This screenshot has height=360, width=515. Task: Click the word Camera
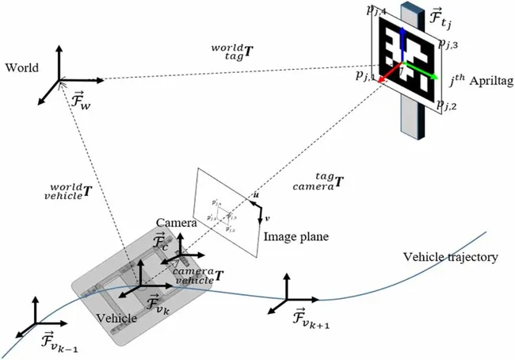coord(175,222)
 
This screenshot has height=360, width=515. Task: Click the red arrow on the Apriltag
coord(387,77)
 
